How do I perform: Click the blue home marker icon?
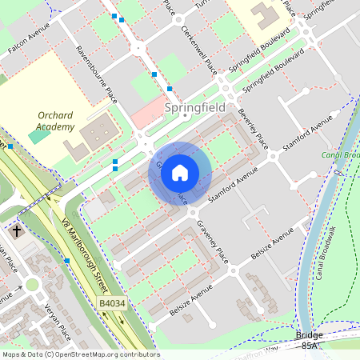click(x=180, y=172)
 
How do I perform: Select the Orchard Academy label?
click(x=56, y=121)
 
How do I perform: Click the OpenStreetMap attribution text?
click(x=80, y=354)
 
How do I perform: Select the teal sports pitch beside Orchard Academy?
click(x=38, y=136)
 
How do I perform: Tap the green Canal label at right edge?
click(x=339, y=154)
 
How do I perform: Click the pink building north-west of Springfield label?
click(x=148, y=117)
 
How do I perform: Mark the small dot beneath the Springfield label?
click(x=184, y=116)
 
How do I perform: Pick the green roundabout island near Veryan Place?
click(x=32, y=284)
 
